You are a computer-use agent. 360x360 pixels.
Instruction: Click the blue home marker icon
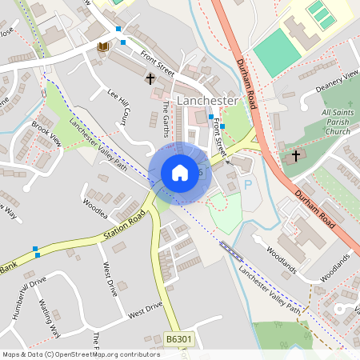click(179, 173)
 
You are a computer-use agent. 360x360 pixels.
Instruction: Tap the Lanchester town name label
click(207, 101)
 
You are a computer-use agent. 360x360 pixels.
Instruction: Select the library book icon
click(102, 47)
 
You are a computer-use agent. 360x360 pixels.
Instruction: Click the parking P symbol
click(247, 184)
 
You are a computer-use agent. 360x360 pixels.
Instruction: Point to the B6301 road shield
click(179, 341)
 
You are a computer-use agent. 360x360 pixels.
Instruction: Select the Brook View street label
click(46, 133)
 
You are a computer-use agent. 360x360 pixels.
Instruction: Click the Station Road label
click(126, 227)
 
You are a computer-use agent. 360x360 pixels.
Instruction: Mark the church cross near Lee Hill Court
click(150, 78)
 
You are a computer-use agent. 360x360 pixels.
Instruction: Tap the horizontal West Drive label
click(145, 307)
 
